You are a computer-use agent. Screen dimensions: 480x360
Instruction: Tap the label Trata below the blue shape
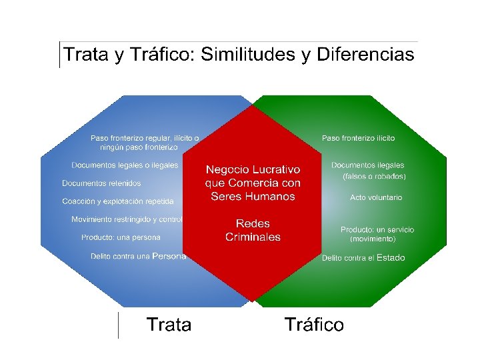coord(169,325)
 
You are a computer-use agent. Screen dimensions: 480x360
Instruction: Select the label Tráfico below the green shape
coord(314,325)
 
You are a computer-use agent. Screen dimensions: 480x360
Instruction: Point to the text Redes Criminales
coord(253,230)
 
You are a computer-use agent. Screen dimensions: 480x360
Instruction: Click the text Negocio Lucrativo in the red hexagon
coord(253,169)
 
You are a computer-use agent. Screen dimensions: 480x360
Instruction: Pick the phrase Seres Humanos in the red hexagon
coord(253,196)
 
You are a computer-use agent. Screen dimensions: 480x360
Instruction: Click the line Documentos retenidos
coord(101,183)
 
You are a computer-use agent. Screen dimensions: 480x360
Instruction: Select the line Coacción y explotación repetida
coord(118,201)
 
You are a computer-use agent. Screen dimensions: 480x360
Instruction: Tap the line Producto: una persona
coord(121,237)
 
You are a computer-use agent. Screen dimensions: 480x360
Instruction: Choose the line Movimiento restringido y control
coord(127,219)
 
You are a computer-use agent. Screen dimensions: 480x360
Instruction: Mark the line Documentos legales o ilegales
coord(125,165)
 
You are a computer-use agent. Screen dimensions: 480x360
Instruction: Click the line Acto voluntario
coord(376,198)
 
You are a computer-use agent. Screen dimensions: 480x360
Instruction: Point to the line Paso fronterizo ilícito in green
coord(358,138)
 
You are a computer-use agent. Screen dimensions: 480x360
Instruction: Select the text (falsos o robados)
coord(374,177)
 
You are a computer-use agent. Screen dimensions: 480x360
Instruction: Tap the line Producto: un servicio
coord(377,229)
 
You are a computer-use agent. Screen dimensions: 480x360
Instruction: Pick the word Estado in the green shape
coord(391,257)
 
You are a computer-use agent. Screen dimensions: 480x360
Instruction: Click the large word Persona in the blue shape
coord(169,256)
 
